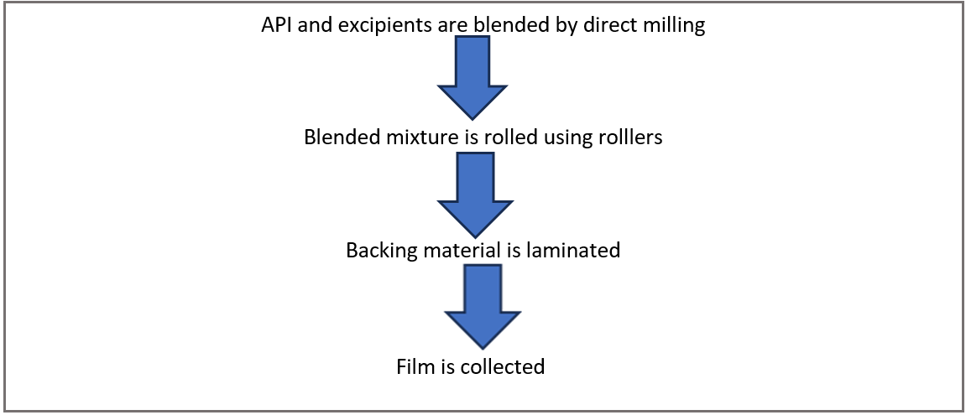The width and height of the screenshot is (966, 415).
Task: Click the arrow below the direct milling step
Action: (x=473, y=80)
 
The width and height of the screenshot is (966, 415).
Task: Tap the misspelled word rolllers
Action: (x=629, y=137)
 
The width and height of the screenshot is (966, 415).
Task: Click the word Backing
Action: (x=378, y=250)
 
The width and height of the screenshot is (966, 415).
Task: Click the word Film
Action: (x=413, y=366)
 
